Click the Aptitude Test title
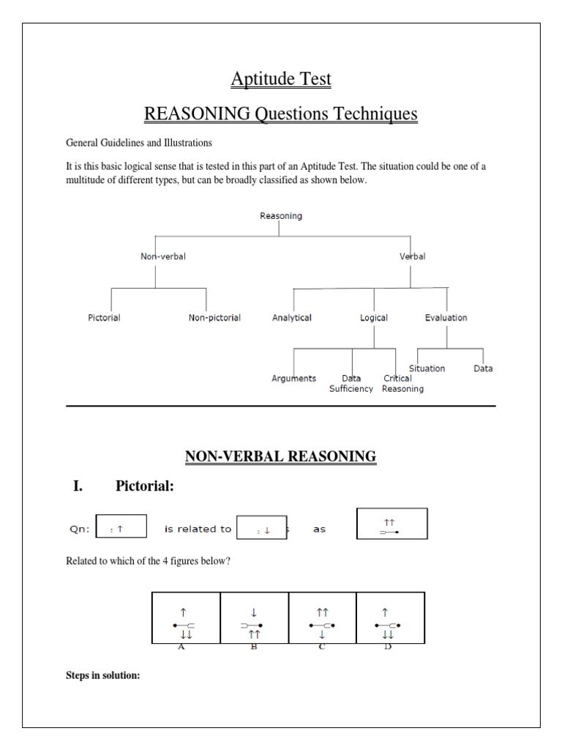[x=281, y=78]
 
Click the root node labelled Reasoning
[x=281, y=216]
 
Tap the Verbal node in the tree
[x=412, y=257]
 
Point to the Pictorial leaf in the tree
[x=103, y=318]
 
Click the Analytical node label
[x=291, y=318]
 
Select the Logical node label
[x=373, y=318]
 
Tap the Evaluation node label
[x=446, y=318]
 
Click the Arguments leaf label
[x=293, y=379]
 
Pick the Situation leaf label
[x=427, y=368]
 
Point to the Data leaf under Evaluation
[x=483, y=368]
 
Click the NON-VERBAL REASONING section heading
[x=280, y=457]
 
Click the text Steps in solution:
[x=102, y=675]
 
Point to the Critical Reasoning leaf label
[x=401, y=384]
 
